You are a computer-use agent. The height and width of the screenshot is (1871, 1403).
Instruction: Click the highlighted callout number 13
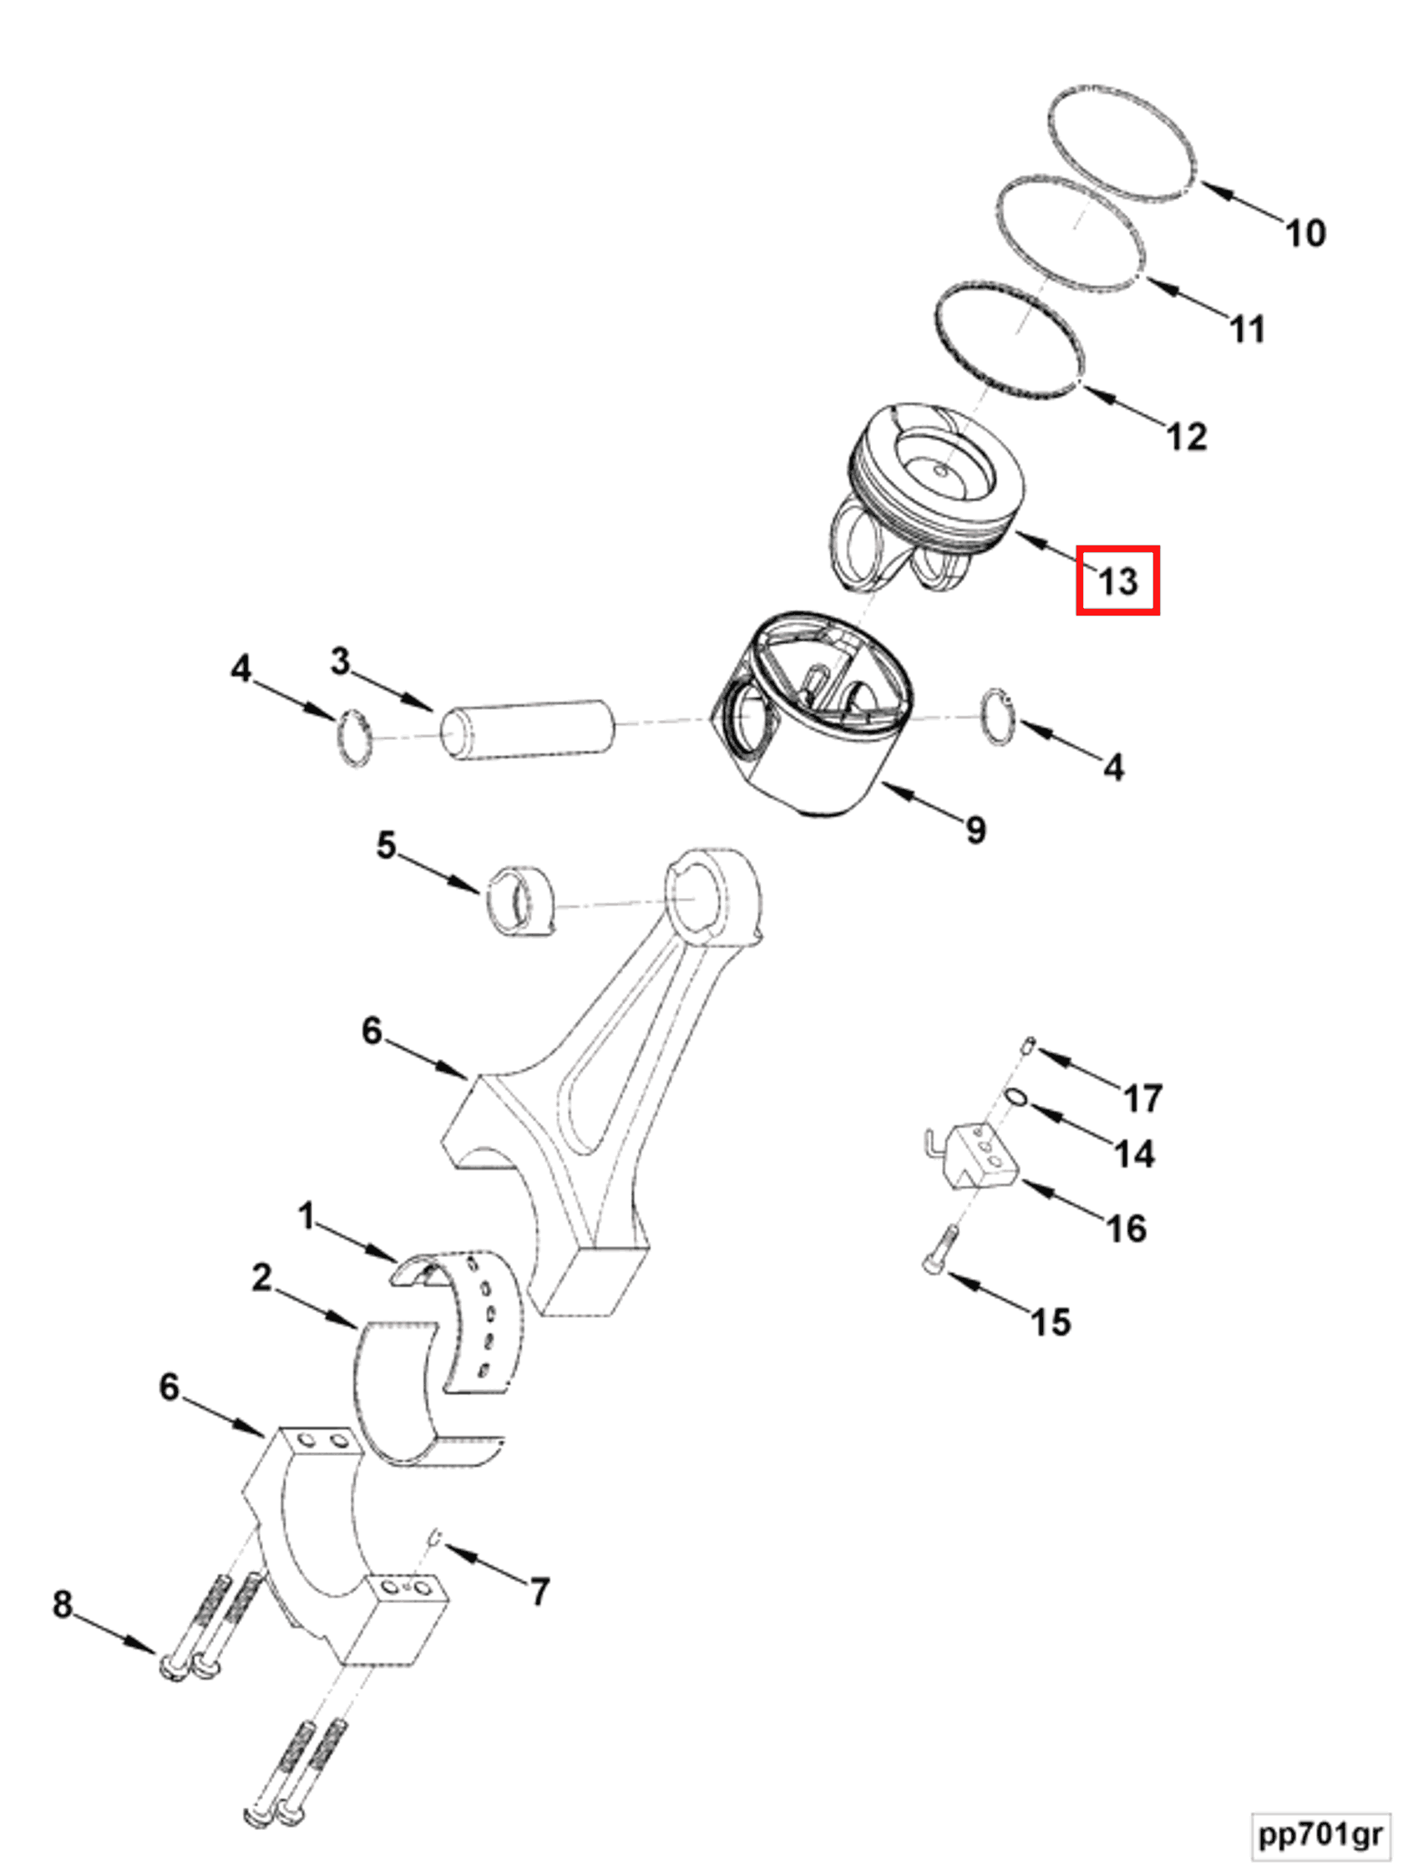click(x=1117, y=581)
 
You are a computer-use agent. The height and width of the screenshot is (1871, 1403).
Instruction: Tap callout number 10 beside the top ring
click(x=1305, y=232)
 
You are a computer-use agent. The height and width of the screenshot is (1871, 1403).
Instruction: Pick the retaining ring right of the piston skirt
click(x=998, y=717)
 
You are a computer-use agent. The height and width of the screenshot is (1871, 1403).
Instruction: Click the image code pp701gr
click(x=1320, y=1833)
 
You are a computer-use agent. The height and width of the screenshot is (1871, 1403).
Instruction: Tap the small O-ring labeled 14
click(x=1016, y=1098)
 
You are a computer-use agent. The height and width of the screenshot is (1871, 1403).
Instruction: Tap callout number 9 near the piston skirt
click(x=975, y=829)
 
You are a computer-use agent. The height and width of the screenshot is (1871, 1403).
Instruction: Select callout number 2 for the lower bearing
click(x=262, y=1277)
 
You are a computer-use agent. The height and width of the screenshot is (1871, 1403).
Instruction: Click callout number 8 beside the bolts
click(x=63, y=1604)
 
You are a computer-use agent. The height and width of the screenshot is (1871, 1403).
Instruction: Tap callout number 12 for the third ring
click(x=1186, y=437)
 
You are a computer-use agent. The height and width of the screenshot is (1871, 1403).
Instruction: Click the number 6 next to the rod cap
click(x=170, y=1387)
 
